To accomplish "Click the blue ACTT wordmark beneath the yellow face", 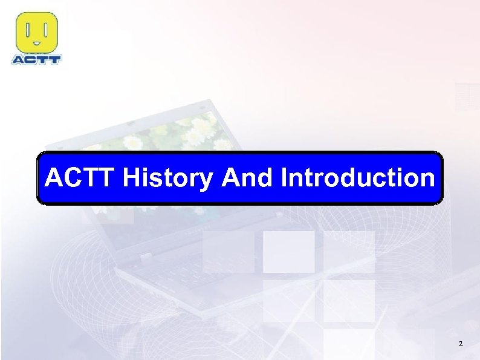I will click(x=36, y=59).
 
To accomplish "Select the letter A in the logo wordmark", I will click(x=18, y=59).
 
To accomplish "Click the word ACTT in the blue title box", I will click(x=81, y=178).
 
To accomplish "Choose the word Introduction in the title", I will click(x=357, y=178).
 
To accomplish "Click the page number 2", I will click(x=461, y=344).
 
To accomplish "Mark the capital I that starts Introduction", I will click(x=284, y=178).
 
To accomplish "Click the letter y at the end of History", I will click(x=207, y=182).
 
